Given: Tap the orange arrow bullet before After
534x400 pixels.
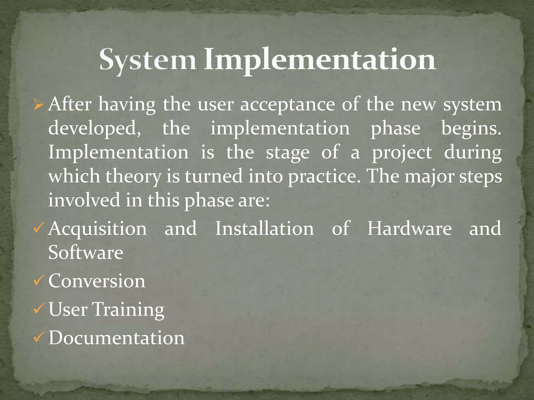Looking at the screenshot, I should (x=38, y=105).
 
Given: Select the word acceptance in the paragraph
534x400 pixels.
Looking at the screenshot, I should (x=287, y=105).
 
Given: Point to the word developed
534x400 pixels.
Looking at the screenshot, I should (x=94, y=129).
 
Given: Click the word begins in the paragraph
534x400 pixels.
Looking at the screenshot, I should (x=471, y=129).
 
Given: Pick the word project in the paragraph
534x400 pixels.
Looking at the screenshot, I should (x=402, y=153).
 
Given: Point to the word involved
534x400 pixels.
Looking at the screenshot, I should (x=84, y=200).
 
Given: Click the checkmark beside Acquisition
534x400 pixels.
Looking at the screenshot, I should (x=38, y=228).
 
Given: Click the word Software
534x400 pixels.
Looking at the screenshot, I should (x=86, y=253).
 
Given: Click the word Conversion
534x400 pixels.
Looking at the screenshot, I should (x=97, y=281).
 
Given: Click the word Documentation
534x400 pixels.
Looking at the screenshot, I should (x=117, y=338).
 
